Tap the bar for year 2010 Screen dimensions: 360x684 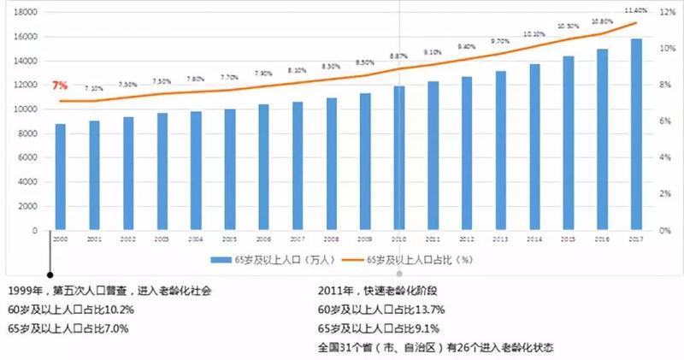click(399, 158)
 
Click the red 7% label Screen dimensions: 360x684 click(60, 86)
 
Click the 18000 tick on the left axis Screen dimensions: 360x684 click(27, 13)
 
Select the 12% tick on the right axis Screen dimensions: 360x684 click(665, 13)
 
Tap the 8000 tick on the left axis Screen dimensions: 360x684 click(29, 133)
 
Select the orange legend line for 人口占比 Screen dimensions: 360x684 click(353, 259)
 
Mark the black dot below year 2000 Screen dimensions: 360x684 click(51, 275)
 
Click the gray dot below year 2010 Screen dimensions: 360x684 click(399, 275)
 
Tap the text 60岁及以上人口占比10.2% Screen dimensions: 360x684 click(73, 309)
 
